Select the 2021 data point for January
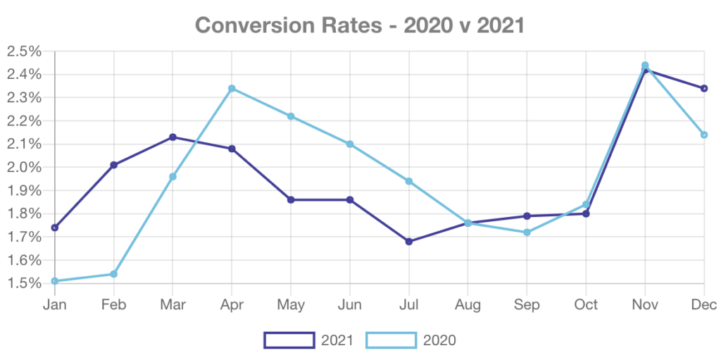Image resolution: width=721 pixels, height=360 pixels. [x=55, y=228]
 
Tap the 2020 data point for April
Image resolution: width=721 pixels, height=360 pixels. [x=232, y=88]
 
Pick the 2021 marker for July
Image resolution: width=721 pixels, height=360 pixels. [x=409, y=242]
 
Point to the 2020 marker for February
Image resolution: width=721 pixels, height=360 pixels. [x=114, y=273]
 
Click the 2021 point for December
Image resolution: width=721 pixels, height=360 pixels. [x=704, y=88]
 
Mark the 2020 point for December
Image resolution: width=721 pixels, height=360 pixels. [x=704, y=135]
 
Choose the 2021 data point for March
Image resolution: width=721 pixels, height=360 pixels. [x=173, y=137]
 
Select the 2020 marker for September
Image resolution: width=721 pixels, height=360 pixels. [x=527, y=232]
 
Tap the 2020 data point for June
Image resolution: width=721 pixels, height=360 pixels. [x=350, y=144]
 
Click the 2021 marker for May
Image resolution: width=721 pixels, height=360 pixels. [x=291, y=200]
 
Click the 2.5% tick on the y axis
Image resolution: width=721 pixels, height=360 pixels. [x=24, y=51]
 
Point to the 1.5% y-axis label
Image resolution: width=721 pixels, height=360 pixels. [x=24, y=283]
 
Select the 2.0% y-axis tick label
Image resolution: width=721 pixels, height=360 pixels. [x=24, y=167]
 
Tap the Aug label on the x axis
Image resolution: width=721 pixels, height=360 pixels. [x=468, y=305]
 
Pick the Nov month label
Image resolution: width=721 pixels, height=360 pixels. [x=645, y=305]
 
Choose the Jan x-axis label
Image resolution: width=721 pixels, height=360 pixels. [x=55, y=305]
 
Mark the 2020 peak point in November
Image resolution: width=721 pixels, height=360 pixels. [x=644, y=65]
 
